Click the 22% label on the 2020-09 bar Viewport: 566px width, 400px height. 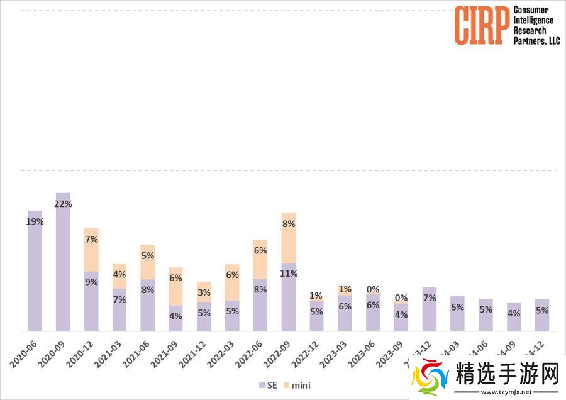coord(64,204)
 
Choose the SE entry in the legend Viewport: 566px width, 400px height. coord(269,385)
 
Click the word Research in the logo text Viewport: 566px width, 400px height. coord(530,30)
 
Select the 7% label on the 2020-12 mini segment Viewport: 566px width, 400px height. coord(91,240)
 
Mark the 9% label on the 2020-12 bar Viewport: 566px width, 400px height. coord(91,282)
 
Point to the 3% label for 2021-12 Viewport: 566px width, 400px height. coord(204,292)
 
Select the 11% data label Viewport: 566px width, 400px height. coord(289,274)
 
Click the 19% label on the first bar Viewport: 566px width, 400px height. coord(35,221)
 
